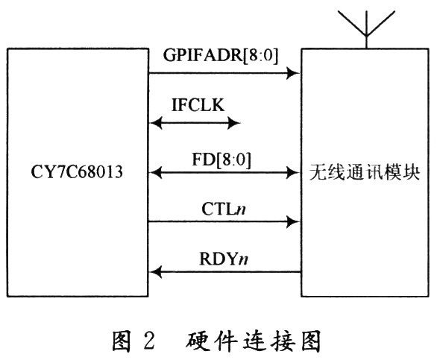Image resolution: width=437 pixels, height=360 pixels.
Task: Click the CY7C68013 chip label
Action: (x=77, y=171)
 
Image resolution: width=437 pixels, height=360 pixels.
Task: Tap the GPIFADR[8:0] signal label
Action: (x=221, y=55)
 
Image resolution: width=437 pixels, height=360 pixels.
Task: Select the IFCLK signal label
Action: (x=198, y=105)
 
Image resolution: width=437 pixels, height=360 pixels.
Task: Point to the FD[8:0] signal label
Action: (x=221, y=160)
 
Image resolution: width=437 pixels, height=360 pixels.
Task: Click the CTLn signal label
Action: (x=224, y=209)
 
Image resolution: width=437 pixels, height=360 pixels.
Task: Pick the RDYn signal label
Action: (x=224, y=259)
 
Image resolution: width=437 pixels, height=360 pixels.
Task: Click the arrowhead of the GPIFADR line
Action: (x=293, y=73)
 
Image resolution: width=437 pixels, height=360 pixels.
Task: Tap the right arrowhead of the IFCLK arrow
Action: (x=234, y=122)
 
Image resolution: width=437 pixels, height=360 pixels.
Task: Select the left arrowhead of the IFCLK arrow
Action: (x=156, y=122)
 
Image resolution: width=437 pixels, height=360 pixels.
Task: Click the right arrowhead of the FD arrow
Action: (x=293, y=172)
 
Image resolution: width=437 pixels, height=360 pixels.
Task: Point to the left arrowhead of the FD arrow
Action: (x=156, y=172)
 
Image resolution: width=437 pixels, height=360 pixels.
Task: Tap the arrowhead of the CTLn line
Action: (x=293, y=222)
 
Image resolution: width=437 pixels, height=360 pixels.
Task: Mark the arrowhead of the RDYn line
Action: (x=156, y=271)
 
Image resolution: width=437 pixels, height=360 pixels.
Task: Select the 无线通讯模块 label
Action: (x=365, y=173)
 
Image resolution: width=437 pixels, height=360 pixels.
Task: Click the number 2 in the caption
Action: (x=149, y=340)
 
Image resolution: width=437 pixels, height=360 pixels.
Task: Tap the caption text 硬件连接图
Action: (x=253, y=340)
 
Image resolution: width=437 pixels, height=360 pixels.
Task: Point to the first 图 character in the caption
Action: (x=122, y=340)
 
